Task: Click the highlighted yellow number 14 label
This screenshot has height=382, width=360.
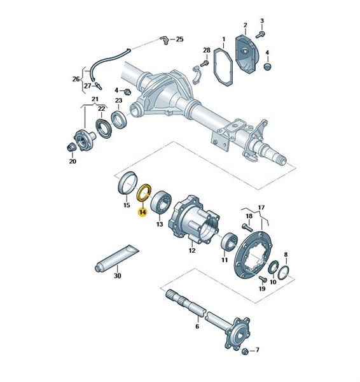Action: [x=142, y=212]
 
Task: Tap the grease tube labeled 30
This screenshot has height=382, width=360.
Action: [x=117, y=258]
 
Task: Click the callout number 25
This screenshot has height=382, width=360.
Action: [x=179, y=39]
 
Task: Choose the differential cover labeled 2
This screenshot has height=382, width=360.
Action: [x=246, y=54]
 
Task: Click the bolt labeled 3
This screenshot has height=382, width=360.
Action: [x=260, y=34]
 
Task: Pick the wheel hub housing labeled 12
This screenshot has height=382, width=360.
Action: [x=195, y=219]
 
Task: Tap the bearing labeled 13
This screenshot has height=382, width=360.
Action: [x=161, y=201]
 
